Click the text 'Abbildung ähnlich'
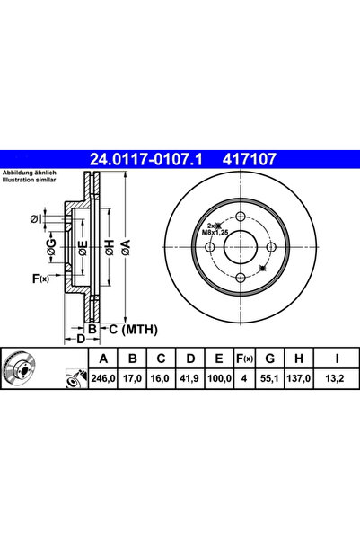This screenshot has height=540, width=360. [29, 172]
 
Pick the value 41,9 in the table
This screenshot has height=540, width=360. [189, 381]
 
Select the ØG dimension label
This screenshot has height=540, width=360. [51, 248]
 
